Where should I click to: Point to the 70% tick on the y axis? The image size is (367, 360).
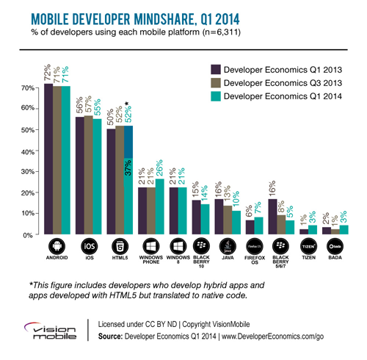pos(27,87)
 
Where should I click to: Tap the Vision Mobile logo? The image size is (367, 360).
pos(46,328)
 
